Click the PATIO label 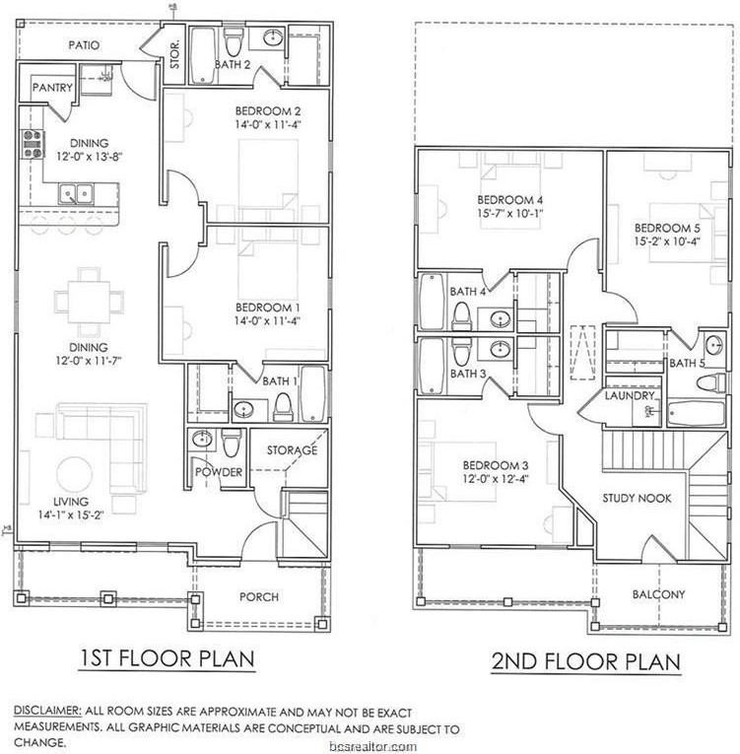(84, 45)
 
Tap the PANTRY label (52, 88)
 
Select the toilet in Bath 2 (235, 42)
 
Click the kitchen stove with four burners (33, 144)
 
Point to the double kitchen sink (76, 194)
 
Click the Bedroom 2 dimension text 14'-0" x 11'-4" (268, 125)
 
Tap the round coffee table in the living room (75, 474)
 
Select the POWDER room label (219, 472)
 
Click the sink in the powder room (202, 439)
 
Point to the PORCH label (259, 596)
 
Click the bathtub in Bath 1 (313, 394)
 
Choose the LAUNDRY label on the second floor (630, 396)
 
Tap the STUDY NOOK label (637, 498)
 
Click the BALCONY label (658, 594)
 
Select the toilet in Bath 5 (711, 382)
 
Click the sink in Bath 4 (501, 318)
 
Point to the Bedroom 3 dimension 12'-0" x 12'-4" (496, 479)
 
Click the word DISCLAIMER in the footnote (47, 711)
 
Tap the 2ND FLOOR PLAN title (585, 661)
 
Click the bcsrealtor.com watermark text (373, 747)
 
